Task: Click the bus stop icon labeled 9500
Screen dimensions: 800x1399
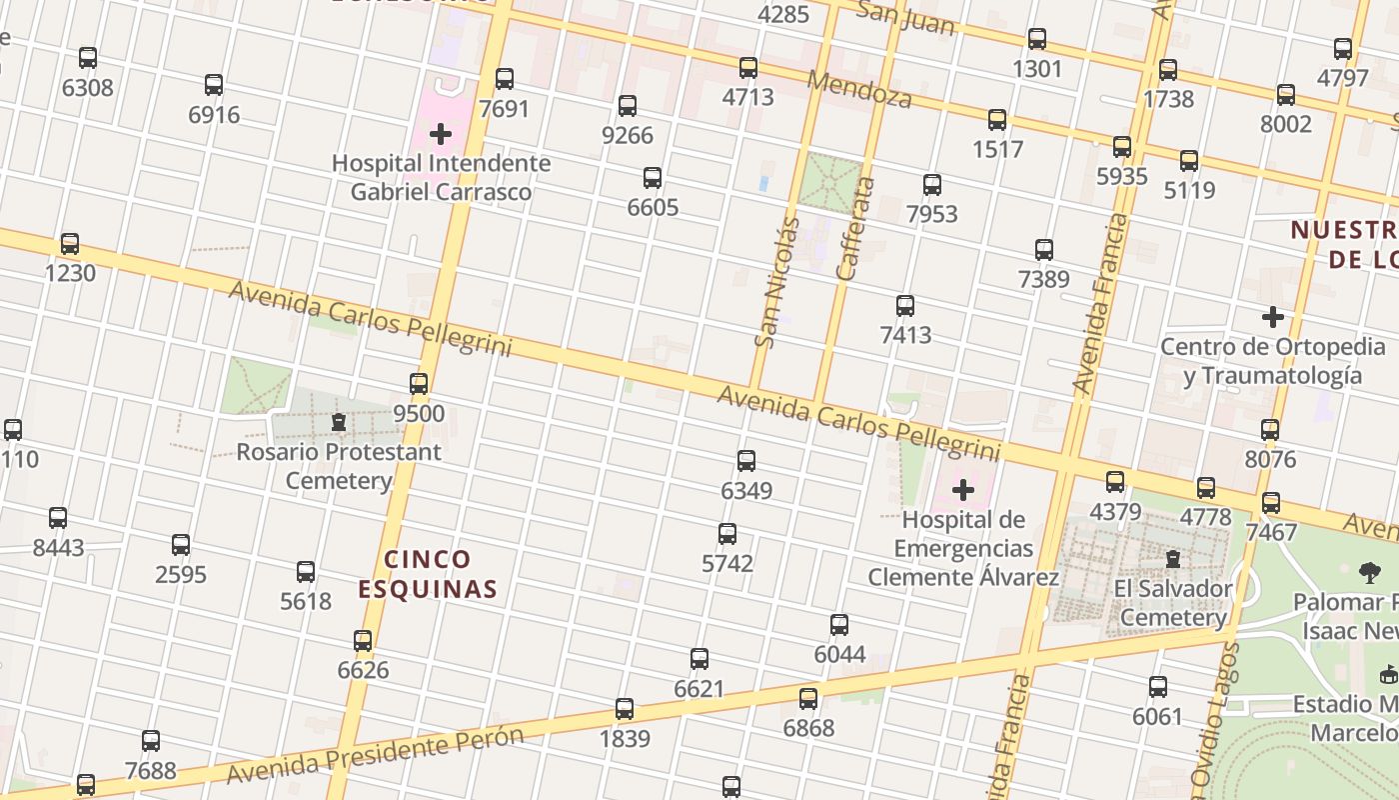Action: (419, 384)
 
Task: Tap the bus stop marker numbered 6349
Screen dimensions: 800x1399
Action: (746, 461)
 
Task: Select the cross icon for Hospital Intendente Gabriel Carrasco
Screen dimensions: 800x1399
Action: (441, 134)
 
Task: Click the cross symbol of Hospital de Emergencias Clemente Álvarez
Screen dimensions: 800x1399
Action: (963, 490)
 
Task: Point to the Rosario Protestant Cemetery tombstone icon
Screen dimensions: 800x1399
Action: (339, 422)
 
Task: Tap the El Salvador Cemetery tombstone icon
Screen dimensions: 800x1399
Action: (1173, 558)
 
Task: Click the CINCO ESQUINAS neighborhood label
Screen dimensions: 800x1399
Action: (428, 574)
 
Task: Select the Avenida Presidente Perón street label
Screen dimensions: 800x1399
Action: (375, 756)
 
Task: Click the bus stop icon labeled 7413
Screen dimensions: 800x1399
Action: (905, 306)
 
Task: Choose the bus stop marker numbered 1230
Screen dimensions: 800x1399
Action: (70, 244)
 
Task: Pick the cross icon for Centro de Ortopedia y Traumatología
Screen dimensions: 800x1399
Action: (1272, 318)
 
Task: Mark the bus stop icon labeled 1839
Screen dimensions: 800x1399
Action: (625, 709)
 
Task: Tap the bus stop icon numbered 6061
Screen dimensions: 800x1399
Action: (1158, 687)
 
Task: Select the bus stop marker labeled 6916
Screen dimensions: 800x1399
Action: (214, 85)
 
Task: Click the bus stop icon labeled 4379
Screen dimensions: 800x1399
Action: (1115, 482)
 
